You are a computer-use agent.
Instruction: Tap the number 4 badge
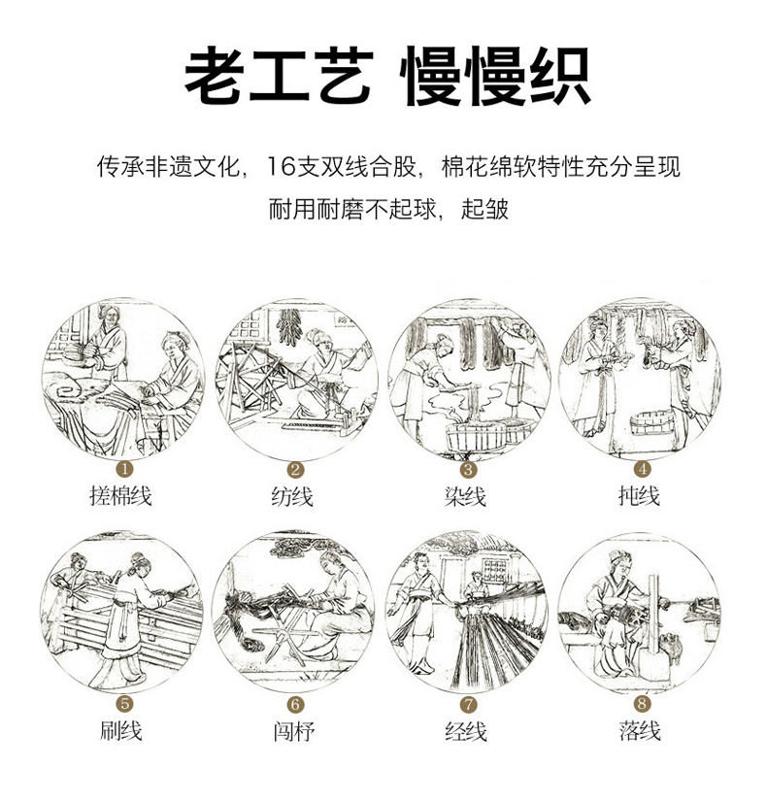click(x=642, y=469)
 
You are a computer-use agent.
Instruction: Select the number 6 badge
click(x=295, y=704)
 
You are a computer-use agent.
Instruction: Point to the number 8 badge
click(x=642, y=703)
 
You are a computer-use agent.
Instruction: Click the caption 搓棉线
click(x=120, y=495)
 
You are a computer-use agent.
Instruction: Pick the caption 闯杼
click(x=293, y=731)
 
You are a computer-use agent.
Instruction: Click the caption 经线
click(x=466, y=731)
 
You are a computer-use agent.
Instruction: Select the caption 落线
click(x=640, y=730)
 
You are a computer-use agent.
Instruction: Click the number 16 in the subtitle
click(x=282, y=167)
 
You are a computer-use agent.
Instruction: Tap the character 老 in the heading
click(x=215, y=76)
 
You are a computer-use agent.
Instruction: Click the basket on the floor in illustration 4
click(x=652, y=422)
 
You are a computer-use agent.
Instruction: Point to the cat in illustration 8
click(x=670, y=648)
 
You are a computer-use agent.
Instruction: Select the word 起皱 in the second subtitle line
click(x=484, y=209)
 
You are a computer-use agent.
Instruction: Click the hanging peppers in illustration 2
click(x=289, y=327)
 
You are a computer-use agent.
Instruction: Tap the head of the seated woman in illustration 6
click(x=332, y=562)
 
